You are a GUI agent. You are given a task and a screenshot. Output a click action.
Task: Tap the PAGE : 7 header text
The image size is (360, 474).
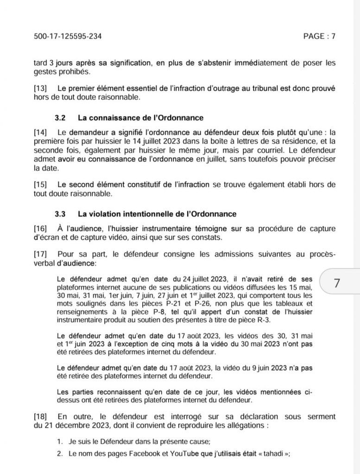click(319, 37)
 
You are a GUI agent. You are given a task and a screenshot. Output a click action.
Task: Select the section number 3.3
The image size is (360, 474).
click(60, 214)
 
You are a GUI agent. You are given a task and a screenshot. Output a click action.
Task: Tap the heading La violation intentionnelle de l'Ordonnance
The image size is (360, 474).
click(157, 214)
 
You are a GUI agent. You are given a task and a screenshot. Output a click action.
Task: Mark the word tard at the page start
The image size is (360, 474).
click(40, 62)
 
